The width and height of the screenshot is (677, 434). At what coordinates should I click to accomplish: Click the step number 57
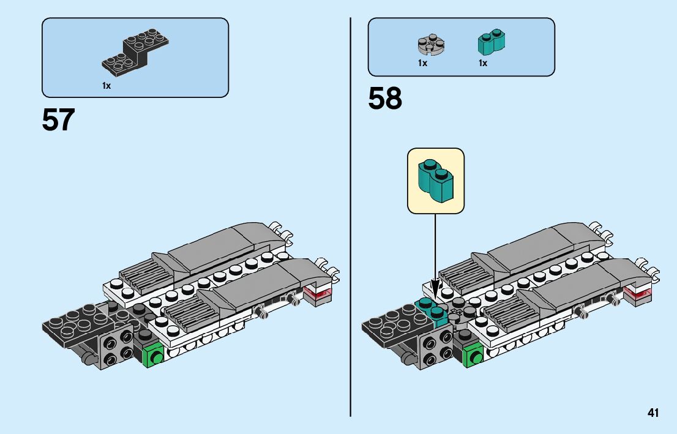pos(58,120)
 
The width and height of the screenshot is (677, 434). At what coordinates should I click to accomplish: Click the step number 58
pos(385,99)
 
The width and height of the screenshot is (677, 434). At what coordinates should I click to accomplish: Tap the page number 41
pos(653,413)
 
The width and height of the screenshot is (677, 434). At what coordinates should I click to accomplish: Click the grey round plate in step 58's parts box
pos(431,44)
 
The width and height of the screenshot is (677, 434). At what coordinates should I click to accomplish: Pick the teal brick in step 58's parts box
pos(491,42)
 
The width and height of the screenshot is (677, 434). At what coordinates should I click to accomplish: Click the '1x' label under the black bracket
pos(107,86)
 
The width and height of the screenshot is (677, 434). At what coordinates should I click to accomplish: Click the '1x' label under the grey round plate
pos(422,63)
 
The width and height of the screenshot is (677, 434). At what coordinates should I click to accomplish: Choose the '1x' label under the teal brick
pos(483,63)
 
